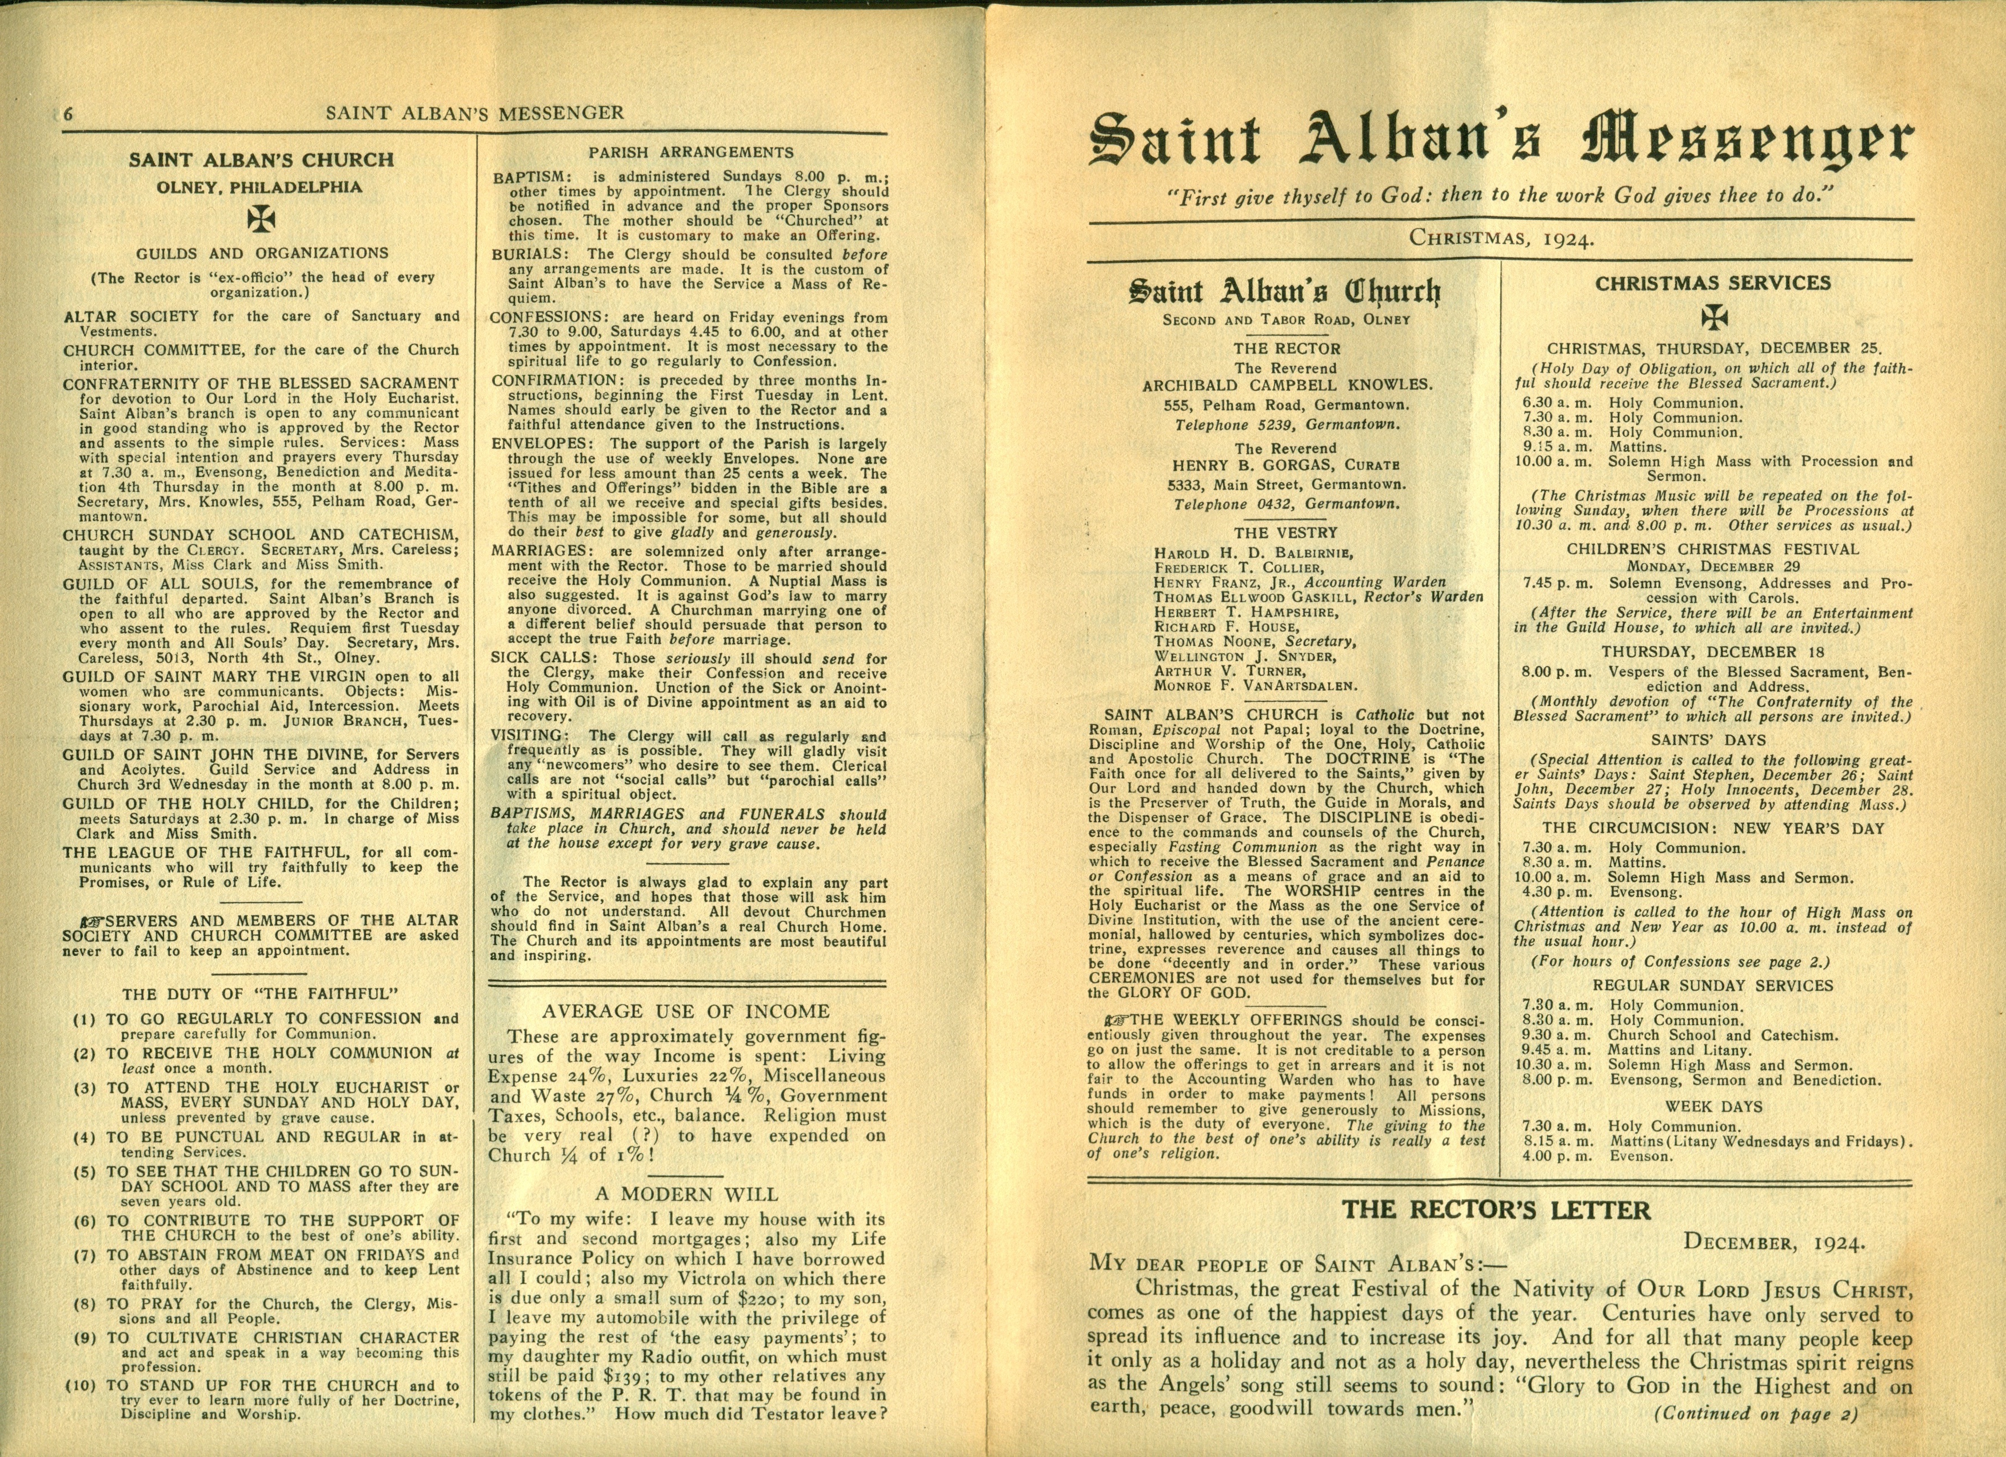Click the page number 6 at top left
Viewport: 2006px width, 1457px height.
68,113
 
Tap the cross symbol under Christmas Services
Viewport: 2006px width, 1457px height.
1714,317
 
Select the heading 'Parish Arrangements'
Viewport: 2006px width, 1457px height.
691,152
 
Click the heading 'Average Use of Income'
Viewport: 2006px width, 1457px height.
686,1011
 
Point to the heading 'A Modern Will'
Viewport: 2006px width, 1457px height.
686,1194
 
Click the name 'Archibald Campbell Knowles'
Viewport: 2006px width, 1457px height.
1287,386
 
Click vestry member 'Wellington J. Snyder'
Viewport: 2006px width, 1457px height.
1245,656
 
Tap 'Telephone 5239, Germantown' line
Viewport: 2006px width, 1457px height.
1287,425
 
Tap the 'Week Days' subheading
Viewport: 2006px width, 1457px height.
1713,1106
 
